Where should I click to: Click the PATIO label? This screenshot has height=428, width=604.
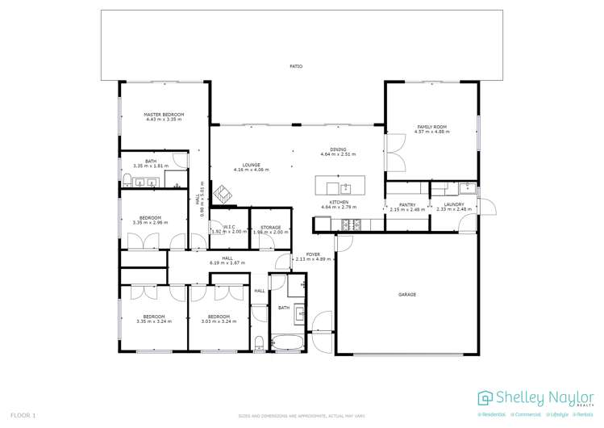click(x=296, y=66)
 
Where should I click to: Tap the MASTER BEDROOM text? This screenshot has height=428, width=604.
click(x=164, y=115)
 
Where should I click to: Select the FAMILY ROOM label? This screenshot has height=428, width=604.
click(x=431, y=127)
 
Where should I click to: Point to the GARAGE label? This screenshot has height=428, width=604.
click(x=406, y=294)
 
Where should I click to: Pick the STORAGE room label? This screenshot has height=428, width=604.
click(x=270, y=227)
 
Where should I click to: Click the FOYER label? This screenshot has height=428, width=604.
click(x=313, y=254)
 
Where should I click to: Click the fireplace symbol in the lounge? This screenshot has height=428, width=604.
click(x=222, y=193)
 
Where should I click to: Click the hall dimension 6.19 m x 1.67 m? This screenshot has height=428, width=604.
click(x=227, y=262)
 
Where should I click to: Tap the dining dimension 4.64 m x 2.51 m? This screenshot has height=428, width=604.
click(x=337, y=153)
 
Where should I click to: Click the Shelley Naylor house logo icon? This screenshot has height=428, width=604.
click(x=485, y=397)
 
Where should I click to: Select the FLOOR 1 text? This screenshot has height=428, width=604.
click(x=23, y=415)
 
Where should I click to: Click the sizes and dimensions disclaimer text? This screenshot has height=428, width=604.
click(x=302, y=416)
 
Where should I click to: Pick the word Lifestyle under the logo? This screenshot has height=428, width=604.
click(x=557, y=414)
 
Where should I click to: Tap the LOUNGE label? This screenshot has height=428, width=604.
click(x=251, y=165)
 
